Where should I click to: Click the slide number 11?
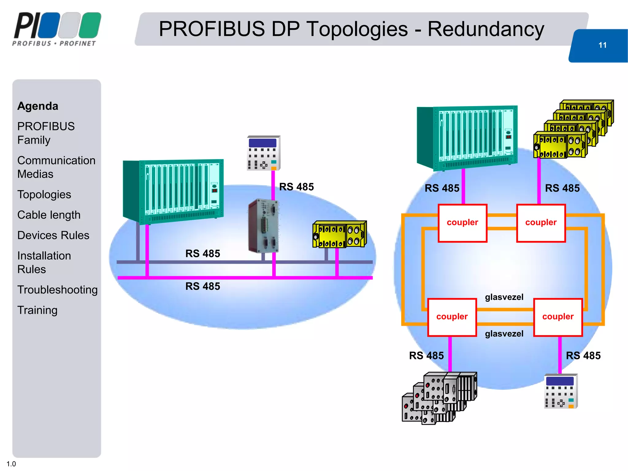[x=602, y=45]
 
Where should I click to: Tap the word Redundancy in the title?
[x=486, y=29]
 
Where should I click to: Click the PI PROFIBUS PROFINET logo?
[x=57, y=29]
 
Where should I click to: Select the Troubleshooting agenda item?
[x=57, y=289]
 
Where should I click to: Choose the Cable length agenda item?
[x=49, y=215]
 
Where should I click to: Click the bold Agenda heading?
[x=38, y=106]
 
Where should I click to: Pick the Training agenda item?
[x=37, y=310]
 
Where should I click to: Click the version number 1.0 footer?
[x=11, y=464]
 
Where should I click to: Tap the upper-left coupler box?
[x=462, y=223]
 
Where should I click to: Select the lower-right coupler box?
[x=558, y=317]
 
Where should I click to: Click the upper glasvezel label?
[x=504, y=297]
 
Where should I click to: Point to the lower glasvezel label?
[x=504, y=334]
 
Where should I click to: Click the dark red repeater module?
[x=263, y=226]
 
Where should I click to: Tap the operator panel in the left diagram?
[x=263, y=153]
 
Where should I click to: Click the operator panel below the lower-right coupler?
[x=561, y=391]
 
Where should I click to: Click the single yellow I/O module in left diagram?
[x=339, y=234]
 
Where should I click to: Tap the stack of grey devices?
[x=439, y=398]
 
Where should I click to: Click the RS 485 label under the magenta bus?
[x=203, y=286]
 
